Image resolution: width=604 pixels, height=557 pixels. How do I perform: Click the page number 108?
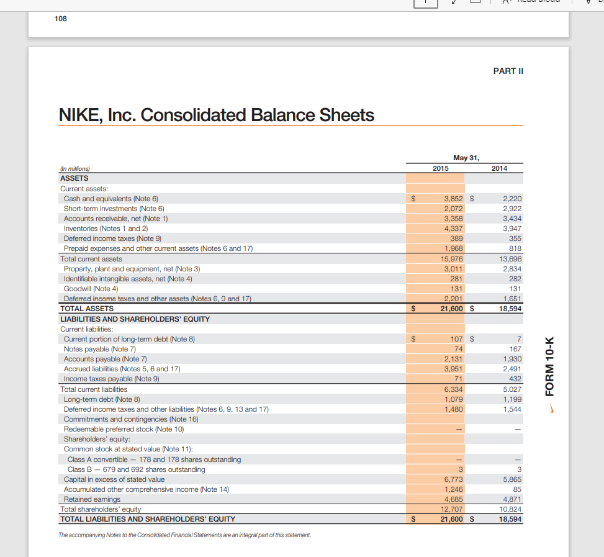coord(60,18)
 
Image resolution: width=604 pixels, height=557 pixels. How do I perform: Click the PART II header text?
coord(508,71)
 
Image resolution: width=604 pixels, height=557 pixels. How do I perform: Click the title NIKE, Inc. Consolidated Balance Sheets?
coord(216,115)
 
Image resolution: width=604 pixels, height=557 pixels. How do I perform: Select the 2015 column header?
coord(441,168)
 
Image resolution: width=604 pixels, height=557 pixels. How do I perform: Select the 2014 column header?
coord(499,168)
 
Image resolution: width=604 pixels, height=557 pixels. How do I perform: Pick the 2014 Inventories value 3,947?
coord(512,229)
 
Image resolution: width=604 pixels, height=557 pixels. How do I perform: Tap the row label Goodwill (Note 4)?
coord(91,289)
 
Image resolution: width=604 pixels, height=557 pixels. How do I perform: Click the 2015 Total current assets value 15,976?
coord(451,259)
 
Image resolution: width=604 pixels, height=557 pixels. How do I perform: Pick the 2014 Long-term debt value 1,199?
coord(512,399)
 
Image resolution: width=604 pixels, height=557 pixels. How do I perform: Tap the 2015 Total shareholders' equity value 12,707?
coord(451,509)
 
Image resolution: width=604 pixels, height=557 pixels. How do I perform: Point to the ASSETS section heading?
coord(74,178)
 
